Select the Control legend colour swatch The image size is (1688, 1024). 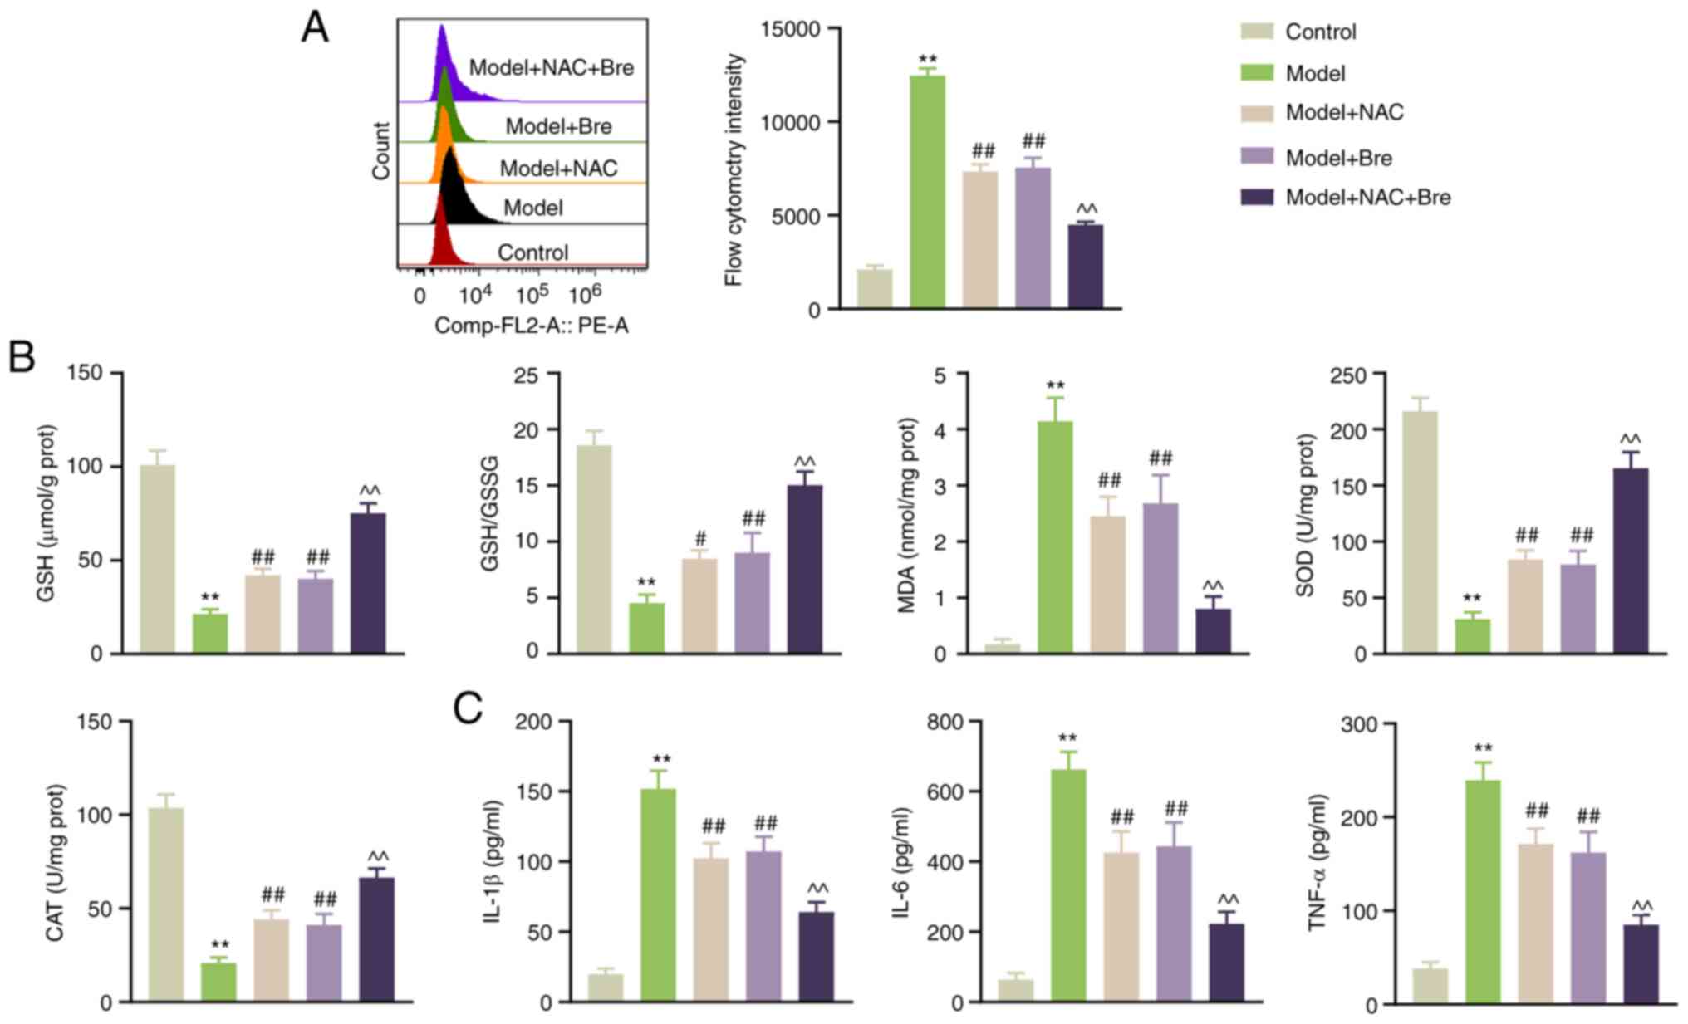click(1256, 32)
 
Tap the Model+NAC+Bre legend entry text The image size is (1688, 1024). click(1367, 198)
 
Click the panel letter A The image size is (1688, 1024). click(316, 28)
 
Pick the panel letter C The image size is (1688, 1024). click(468, 708)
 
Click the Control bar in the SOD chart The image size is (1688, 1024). click(1420, 532)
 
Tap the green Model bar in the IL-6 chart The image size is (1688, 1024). click(1068, 884)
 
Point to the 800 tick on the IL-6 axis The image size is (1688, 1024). click(946, 722)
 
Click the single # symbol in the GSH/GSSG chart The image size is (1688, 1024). click(700, 537)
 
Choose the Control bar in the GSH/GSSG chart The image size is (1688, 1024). click(594, 548)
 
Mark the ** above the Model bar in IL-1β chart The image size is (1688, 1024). click(662, 759)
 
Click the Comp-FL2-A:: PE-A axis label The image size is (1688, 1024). click(532, 326)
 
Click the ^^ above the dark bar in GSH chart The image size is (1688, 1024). click(369, 490)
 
